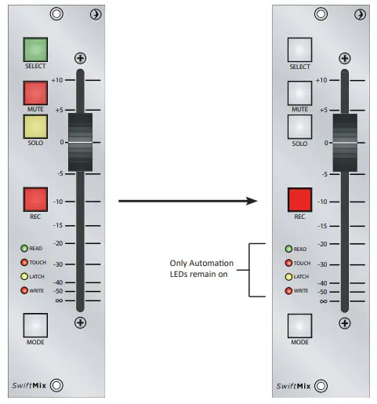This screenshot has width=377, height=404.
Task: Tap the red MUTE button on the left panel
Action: (35, 93)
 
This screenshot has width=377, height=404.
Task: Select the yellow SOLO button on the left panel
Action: (35, 127)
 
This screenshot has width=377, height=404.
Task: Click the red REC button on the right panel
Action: (299, 200)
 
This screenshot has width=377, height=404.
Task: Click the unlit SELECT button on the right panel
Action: (299, 50)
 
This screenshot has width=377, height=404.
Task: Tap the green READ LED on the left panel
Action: (25, 249)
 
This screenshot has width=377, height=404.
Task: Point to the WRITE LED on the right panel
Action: (288, 291)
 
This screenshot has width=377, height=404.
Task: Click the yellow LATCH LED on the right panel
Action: (288, 277)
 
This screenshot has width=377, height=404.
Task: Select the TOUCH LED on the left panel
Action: (25, 263)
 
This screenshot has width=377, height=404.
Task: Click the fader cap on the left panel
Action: (81, 142)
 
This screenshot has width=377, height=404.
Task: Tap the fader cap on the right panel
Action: (344, 142)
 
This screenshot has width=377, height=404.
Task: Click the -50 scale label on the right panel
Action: (321, 292)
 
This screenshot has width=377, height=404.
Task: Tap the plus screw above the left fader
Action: (81, 58)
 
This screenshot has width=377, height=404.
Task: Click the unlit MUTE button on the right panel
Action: (299, 93)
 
